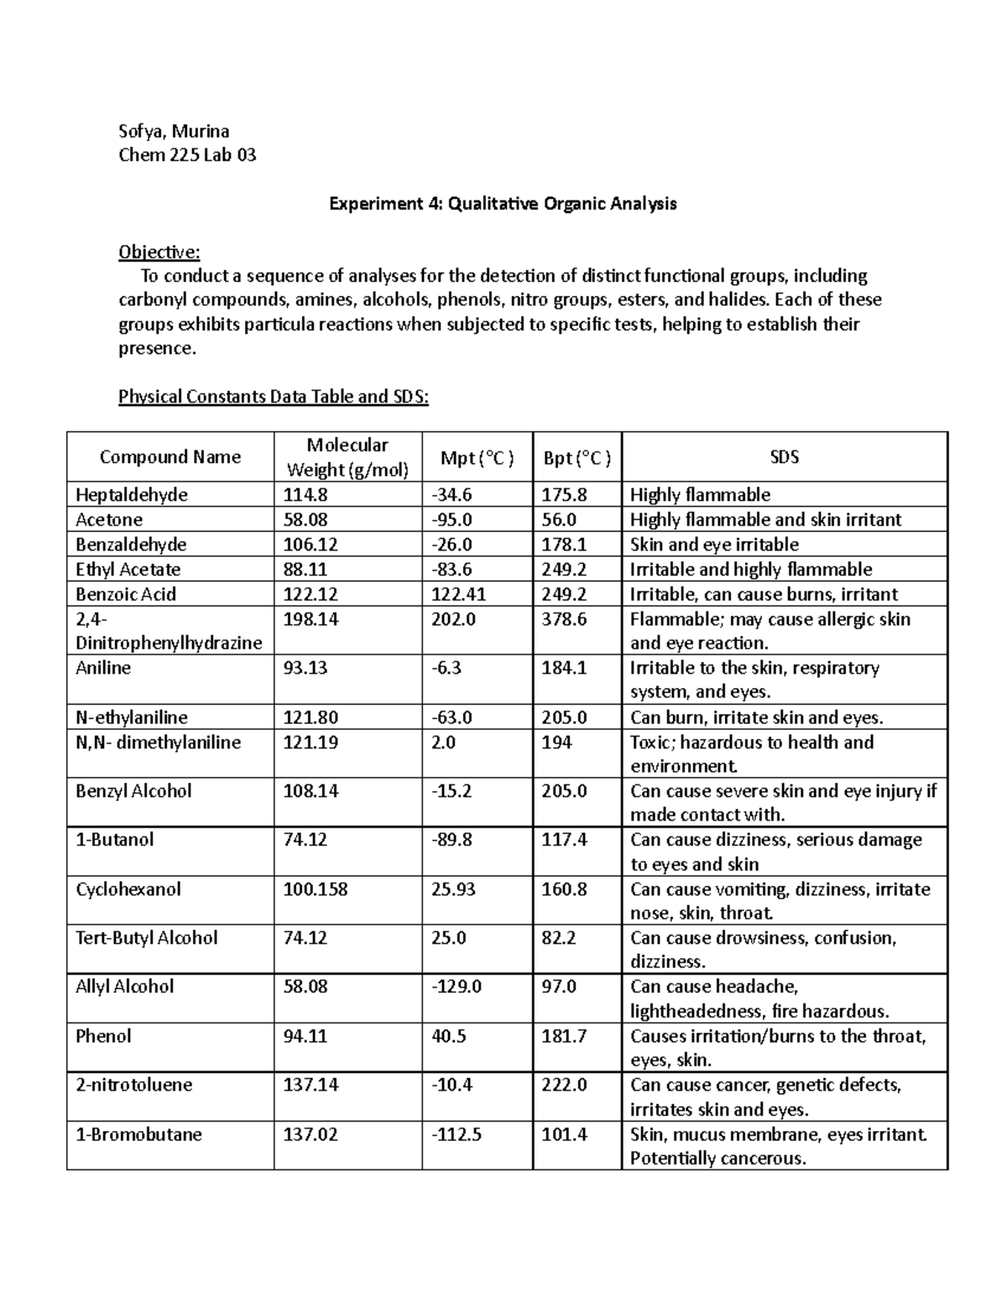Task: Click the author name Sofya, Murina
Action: tap(174, 131)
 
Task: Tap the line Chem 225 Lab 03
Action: tap(187, 155)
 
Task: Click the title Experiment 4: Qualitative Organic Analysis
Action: tap(502, 204)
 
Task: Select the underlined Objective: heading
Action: tap(159, 253)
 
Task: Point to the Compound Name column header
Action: tap(170, 457)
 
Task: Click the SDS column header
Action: tap(784, 457)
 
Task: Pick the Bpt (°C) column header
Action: tap(577, 458)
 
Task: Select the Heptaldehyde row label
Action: tap(132, 495)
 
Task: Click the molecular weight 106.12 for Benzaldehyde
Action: tap(311, 545)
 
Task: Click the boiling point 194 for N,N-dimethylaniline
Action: tap(556, 743)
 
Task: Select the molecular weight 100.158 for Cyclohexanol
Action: tap(316, 889)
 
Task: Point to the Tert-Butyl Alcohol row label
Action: tap(147, 938)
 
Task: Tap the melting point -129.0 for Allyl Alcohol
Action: tap(457, 987)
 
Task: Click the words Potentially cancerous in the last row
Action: tap(717, 1159)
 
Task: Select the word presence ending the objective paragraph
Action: tap(156, 348)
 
